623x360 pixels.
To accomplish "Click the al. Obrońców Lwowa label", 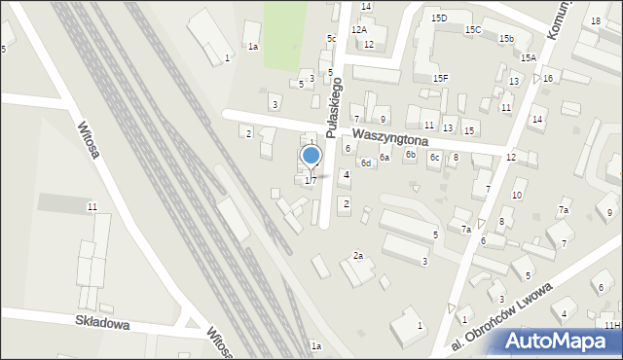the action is [x=495, y=318].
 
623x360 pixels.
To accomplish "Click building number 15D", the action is [x=439, y=18].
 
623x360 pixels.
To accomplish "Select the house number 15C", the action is [x=473, y=30].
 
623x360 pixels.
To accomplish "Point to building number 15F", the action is [x=440, y=78].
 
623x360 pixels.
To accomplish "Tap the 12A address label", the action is [x=359, y=30].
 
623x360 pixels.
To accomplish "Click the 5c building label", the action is [x=331, y=39].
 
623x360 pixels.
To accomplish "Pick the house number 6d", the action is [x=366, y=163].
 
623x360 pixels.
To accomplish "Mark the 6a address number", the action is [x=385, y=158].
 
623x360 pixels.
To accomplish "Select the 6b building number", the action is [x=411, y=154].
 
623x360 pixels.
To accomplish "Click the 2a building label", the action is [x=358, y=256].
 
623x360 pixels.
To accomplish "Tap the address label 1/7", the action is [x=311, y=180].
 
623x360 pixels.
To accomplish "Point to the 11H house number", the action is [x=610, y=325].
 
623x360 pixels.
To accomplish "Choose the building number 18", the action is [x=595, y=21].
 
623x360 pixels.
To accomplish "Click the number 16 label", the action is [x=548, y=79].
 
